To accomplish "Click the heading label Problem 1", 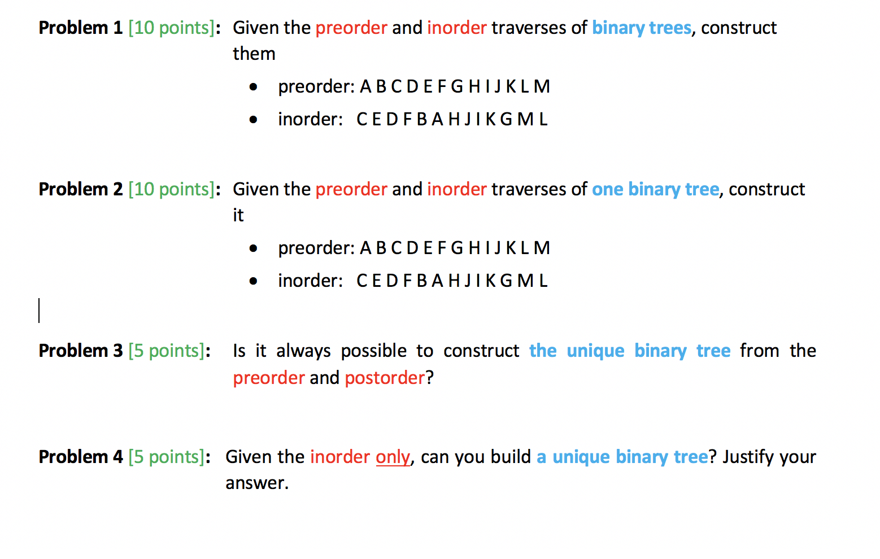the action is click(80, 28).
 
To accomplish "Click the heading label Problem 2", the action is click(80, 189).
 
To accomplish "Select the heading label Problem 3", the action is click(80, 351).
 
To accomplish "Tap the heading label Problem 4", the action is click(80, 457).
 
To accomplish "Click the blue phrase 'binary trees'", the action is click(641, 28).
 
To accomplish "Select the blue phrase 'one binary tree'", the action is click(655, 189).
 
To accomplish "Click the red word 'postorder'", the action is click(385, 378).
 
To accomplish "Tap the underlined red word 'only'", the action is click(393, 457).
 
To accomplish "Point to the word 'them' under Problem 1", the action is click(254, 54).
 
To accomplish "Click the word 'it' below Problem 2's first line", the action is click(238, 216).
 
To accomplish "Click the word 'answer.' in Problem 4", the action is click(257, 483).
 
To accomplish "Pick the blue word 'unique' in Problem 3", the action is click(595, 351).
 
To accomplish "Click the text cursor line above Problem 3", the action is click(39, 311).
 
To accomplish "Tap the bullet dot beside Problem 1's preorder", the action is click(254, 87).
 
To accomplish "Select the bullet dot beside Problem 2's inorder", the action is click(254, 281).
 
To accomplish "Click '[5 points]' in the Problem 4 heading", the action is click(166, 457).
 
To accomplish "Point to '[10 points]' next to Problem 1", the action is click(171, 28).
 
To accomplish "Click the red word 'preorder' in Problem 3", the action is click(269, 378).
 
